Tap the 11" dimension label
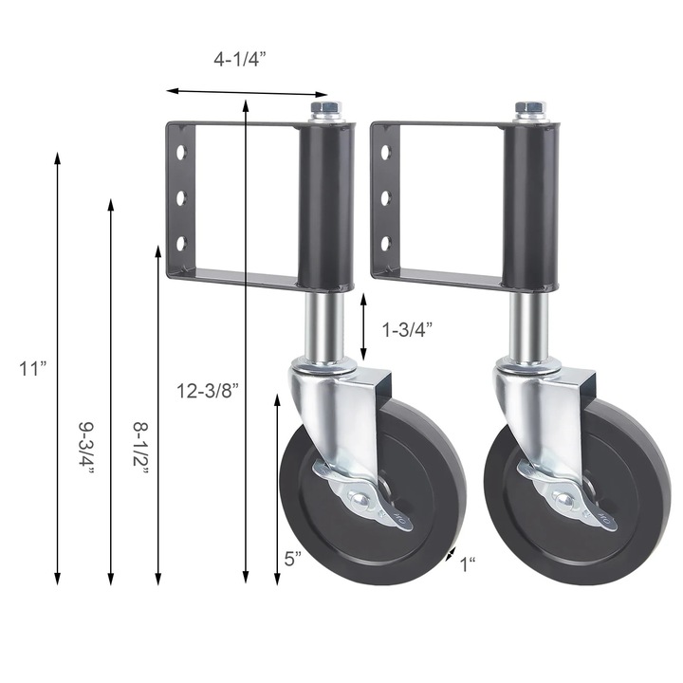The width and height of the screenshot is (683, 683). (x=32, y=369)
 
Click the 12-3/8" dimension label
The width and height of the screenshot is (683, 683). (x=207, y=388)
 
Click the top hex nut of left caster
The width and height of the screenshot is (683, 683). (x=324, y=111)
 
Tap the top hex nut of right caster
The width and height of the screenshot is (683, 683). (x=528, y=111)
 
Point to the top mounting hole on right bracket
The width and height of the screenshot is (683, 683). (x=384, y=152)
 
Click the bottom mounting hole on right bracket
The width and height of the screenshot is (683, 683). (x=384, y=244)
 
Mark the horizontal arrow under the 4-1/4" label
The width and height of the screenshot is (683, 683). (x=247, y=92)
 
